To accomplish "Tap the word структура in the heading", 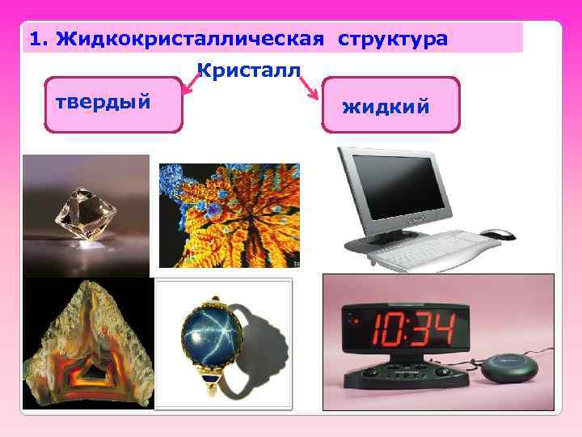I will [392, 39].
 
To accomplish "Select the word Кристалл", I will [248, 70].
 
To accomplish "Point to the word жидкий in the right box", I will [386, 106].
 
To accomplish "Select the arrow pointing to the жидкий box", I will [309, 90].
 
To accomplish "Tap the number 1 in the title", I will [33, 39].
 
